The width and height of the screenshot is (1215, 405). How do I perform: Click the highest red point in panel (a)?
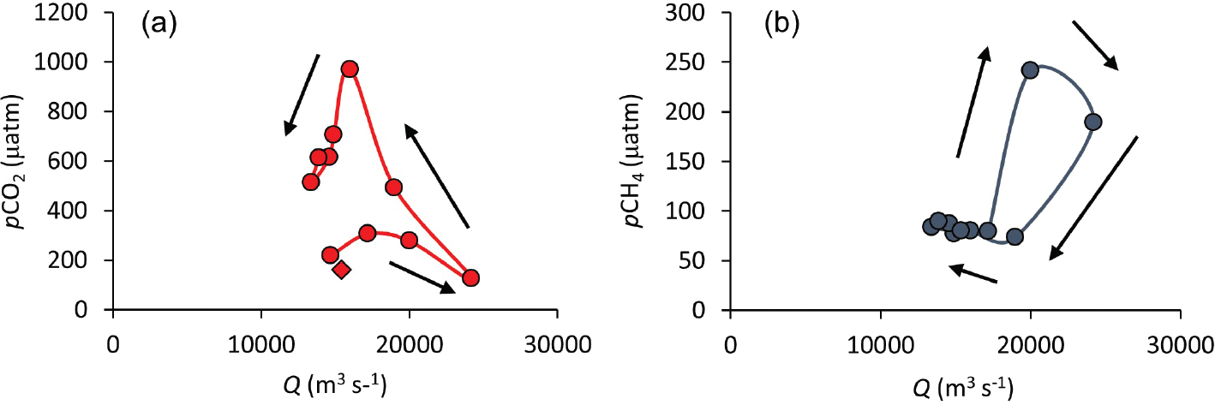[350, 69]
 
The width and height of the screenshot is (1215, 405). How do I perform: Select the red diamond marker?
[341, 270]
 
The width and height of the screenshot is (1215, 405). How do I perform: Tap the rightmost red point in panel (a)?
[470, 277]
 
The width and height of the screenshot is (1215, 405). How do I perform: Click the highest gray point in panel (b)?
[1030, 70]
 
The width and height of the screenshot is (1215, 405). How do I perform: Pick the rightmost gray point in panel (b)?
[1092, 122]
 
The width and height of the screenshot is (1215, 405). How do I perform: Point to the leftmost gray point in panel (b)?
[931, 226]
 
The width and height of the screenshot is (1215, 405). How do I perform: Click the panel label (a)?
[159, 24]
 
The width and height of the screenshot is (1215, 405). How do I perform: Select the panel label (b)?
[781, 24]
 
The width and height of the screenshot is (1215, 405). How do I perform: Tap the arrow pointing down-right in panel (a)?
[422, 277]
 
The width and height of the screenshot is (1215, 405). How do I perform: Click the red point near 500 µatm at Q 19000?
[394, 188]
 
